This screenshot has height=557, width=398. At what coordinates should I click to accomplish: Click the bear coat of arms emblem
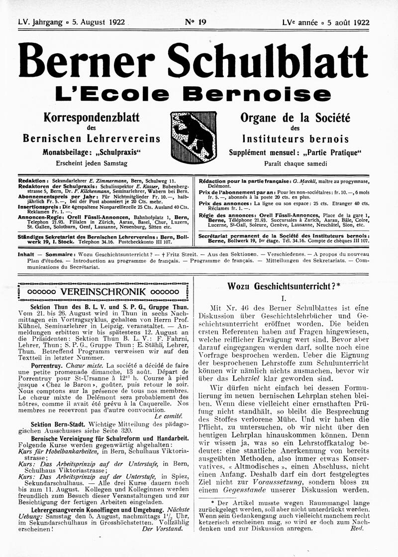(x=193, y=137)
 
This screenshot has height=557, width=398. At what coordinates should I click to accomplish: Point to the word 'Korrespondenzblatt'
(x=91, y=118)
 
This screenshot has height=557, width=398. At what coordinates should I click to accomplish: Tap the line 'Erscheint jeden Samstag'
(x=91, y=163)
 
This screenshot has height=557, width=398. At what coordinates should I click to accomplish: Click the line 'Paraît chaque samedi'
(x=295, y=163)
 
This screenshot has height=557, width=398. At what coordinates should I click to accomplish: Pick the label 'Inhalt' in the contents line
(x=25, y=254)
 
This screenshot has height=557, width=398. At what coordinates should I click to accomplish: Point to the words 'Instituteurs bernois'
(x=295, y=139)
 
